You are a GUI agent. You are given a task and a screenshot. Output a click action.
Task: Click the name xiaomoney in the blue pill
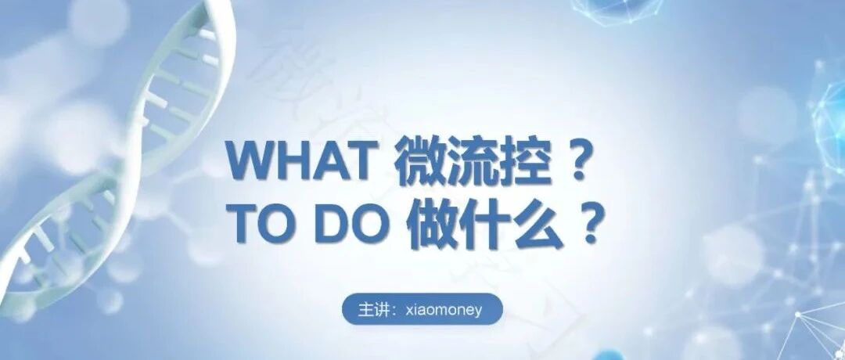[x=444, y=311]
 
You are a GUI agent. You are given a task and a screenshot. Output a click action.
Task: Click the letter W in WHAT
[x=250, y=160]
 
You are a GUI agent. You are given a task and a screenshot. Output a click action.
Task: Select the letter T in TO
[x=245, y=223]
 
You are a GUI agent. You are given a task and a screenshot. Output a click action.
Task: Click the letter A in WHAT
[x=328, y=160]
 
